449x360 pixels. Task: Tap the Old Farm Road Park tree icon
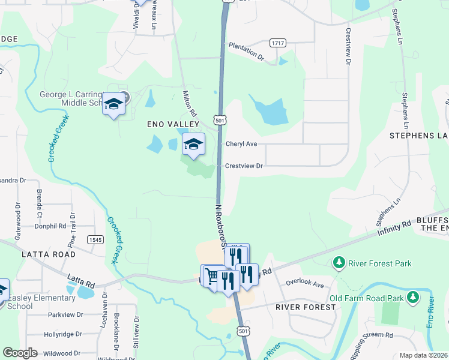click(412, 297)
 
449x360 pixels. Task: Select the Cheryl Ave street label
click(241, 144)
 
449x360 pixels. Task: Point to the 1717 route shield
click(277, 43)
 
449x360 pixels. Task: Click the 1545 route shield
click(95, 239)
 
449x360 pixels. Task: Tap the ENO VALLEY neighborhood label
click(173, 124)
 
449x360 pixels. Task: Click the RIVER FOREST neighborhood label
click(305, 307)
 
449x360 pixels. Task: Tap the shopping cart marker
click(211, 277)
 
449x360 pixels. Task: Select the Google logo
click(20, 353)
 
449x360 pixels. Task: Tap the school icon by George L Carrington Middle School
click(113, 104)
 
